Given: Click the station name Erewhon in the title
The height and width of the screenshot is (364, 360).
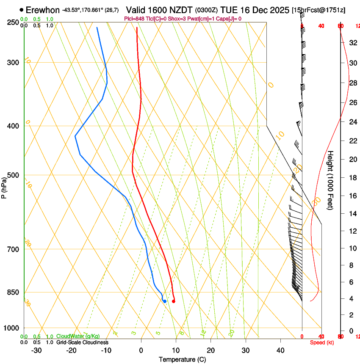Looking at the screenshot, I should tap(43, 10).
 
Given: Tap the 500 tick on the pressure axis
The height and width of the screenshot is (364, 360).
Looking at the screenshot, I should tap(13, 175).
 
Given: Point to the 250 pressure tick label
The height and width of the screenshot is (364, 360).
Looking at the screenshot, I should tap(13, 22).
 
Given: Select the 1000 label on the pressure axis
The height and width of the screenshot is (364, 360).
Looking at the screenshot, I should tap(11, 328).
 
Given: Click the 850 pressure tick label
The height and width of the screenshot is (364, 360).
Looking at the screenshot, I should tap(13, 292).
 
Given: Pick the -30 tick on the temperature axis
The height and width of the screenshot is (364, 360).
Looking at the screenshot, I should tap(36, 350).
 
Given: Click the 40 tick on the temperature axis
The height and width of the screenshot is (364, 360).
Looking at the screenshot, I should tap(280, 350).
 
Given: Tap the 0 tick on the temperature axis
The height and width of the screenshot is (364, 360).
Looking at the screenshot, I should tap(141, 350).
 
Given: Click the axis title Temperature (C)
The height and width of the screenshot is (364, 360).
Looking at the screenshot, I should tap(182, 359).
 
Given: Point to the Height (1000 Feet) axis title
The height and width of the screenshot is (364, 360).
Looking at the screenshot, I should tap(330, 180).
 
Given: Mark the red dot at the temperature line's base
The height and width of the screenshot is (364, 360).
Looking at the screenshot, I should tap(174, 301).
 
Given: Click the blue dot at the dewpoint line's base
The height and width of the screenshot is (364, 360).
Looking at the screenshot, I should tap(165, 301).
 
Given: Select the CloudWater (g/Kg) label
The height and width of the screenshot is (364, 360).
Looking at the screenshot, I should tap(72, 336).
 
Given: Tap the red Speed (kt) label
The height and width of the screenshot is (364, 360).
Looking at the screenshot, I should tap(322, 342).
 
